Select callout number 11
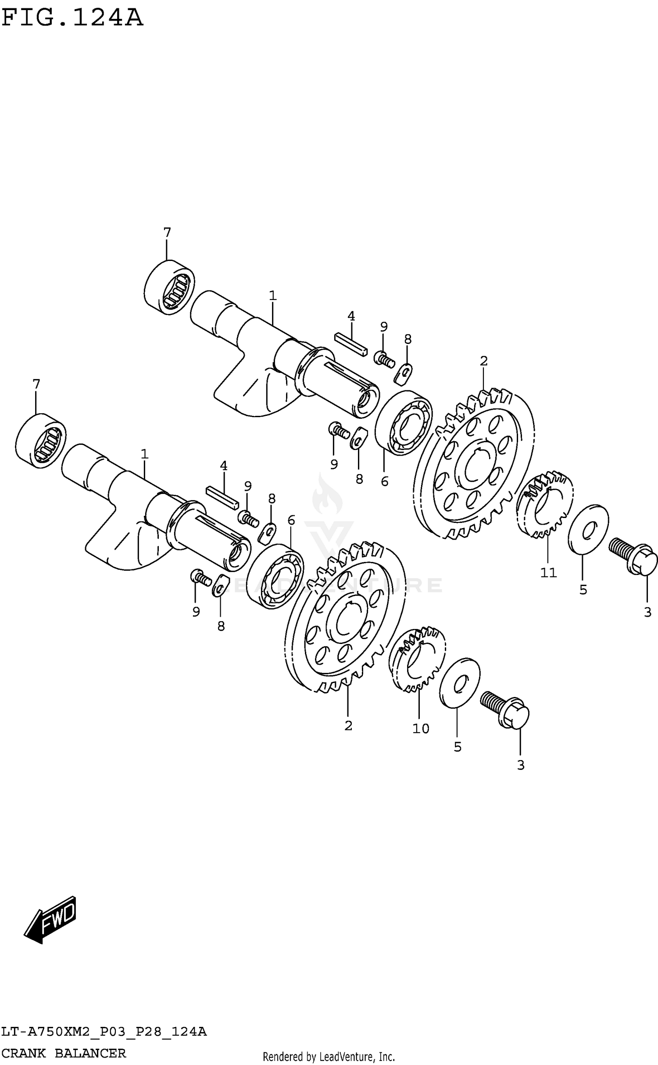pyautogui.click(x=548, y=572)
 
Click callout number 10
pyautogui.click(x=421, y=729)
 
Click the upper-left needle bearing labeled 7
pyautogui.click(x=169, y=287)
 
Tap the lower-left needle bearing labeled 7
pyautogui.click(x=41, y=440)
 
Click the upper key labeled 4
pyautogui.click(x=350, y=344)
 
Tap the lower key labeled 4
pyautogui.click(x=222, y=496)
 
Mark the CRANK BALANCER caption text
pyautogui.click(x=64, y=1052)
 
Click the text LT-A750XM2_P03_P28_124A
pyautogui.click(x=104, y=1031)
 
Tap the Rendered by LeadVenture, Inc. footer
pyautogui.click(x=329, y=1056)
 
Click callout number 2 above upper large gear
pyautogui.click(x=483, y=361)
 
